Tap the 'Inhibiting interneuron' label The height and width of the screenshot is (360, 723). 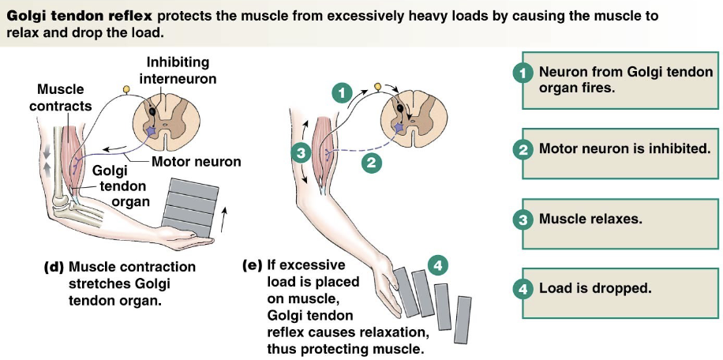point(178,69)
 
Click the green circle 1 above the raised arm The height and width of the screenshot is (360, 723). point(341,92)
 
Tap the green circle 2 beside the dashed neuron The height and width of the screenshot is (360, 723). point(369,163)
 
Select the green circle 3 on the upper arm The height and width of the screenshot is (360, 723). point(299,152)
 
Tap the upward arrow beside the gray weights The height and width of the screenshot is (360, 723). point(229,217)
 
